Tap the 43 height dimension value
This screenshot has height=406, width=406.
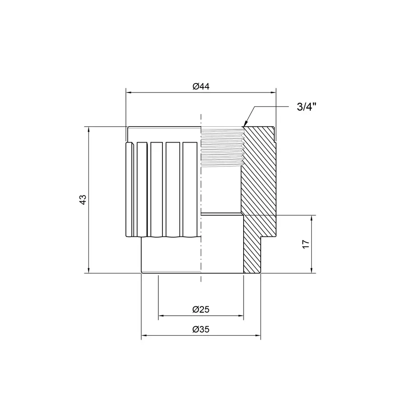[82, 200]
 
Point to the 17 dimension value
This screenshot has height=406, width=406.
[305, 244]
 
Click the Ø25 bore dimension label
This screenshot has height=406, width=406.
[201, 309]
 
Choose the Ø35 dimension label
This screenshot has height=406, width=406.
[201, 330]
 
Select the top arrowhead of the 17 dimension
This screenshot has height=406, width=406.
[312, 218]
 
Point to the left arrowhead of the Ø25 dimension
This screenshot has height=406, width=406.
[161, 316]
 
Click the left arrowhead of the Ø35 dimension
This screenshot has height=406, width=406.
[144, 336]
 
